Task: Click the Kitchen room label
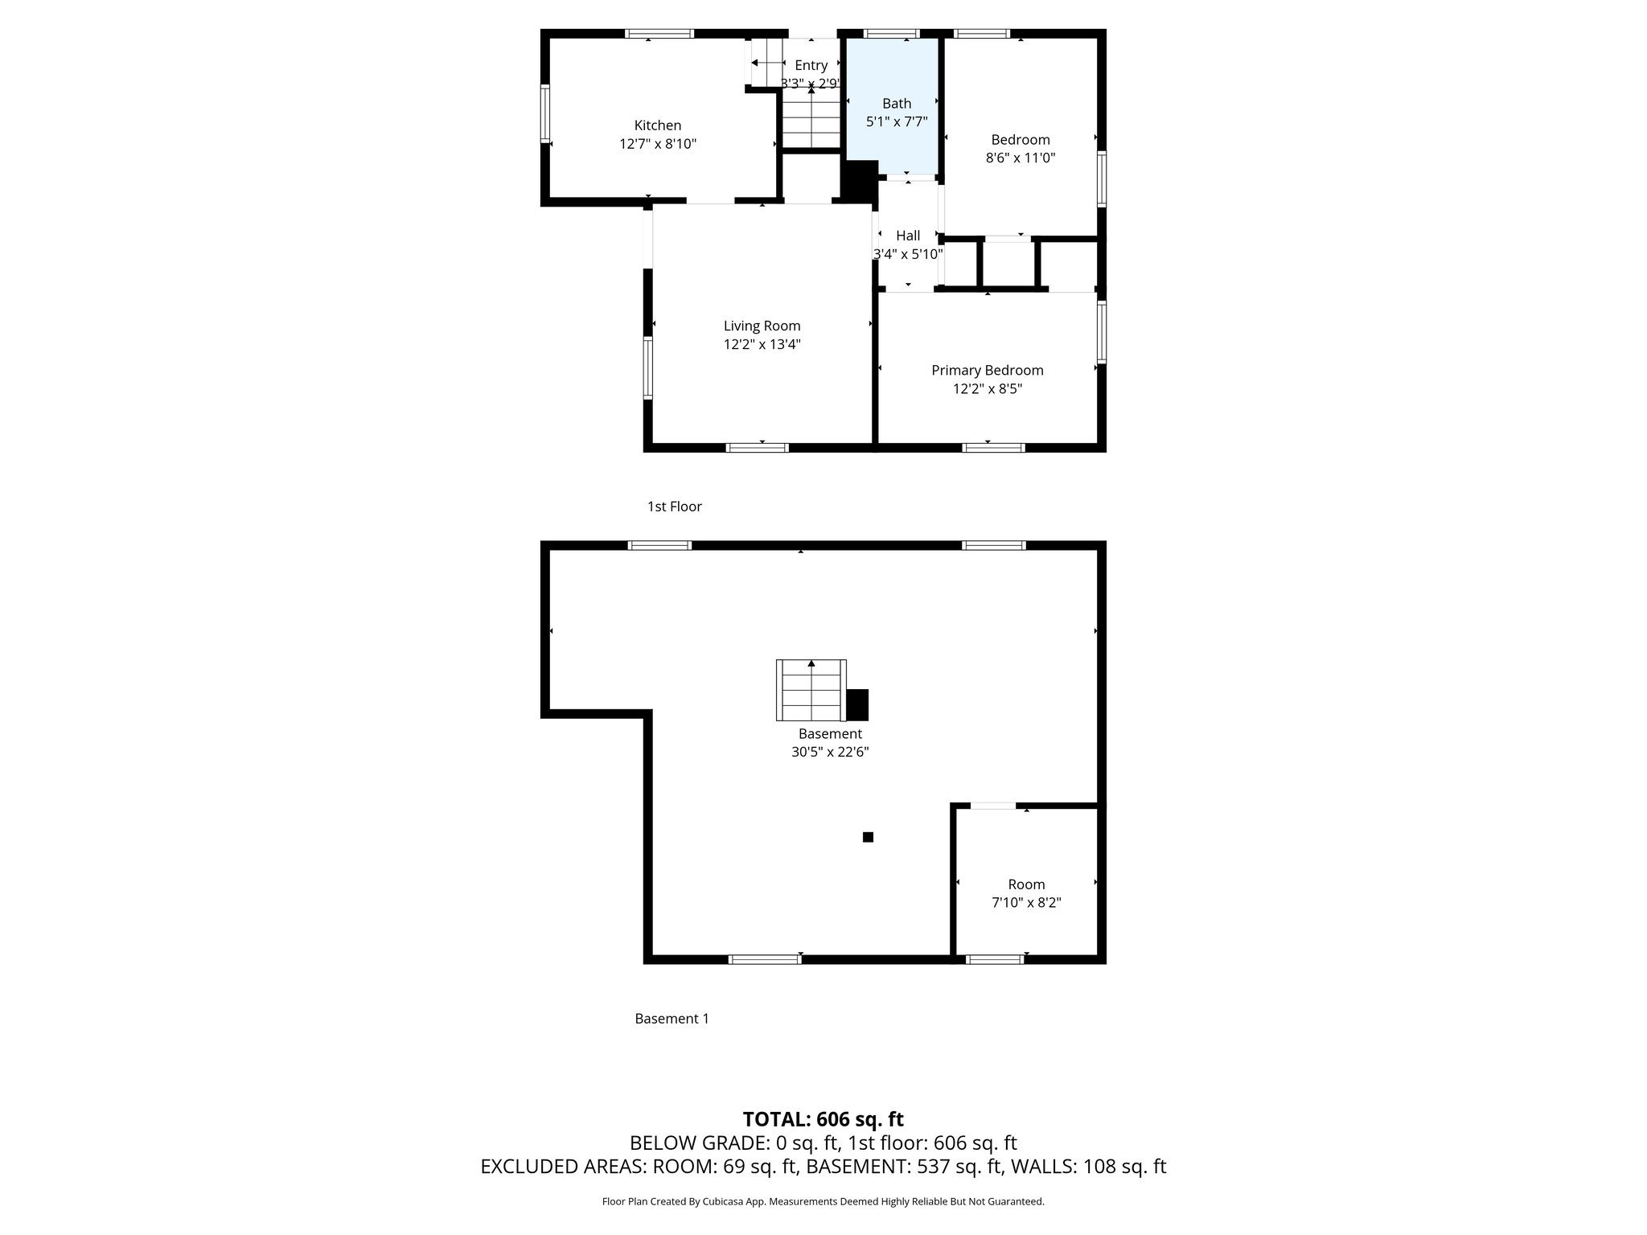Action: (x=658, y=125)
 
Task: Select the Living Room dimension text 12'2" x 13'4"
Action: (x=762, y=345)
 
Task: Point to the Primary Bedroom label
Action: (x=987, y=371)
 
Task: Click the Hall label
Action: (x=908, y=236)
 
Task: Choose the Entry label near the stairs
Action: (x=811, y=66)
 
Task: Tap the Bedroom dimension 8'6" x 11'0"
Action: (x=1020, y=158)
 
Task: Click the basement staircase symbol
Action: (x=811, y=690)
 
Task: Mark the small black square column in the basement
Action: (x=868, y=837)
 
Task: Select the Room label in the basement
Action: (x=1026, y=884)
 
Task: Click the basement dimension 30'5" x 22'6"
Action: (x=830, y=753)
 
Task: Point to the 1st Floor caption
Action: (x=674, y=507)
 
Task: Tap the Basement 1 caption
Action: (x=672, y=1019)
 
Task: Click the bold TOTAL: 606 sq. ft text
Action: (x=823, y=1119)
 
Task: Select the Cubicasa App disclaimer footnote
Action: (x=823, y=1202)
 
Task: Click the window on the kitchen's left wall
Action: (x=545, y=114)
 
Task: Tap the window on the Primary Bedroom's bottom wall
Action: (x=993, y=448)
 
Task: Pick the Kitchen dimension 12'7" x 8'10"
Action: (x=658, y=145)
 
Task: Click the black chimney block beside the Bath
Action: (x=859, y=180)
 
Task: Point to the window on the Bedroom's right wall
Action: (x=1102, y=179)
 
